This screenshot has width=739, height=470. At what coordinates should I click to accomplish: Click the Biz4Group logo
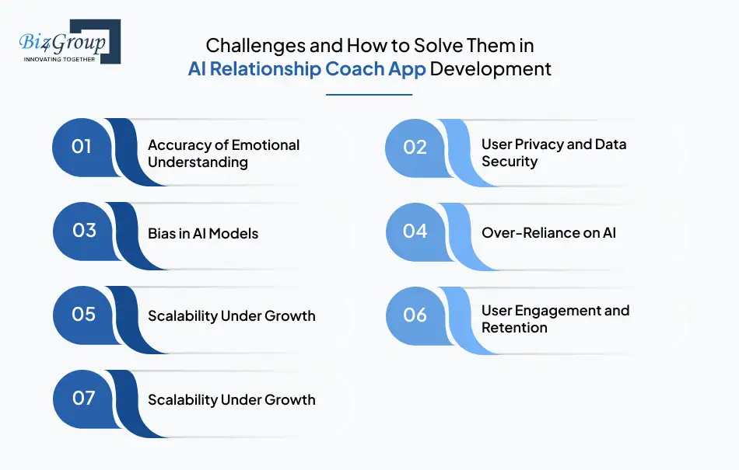70,41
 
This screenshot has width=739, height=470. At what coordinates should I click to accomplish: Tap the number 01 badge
82,147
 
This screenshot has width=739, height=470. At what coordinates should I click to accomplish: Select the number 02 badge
415,148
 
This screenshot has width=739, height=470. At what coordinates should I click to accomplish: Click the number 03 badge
84,231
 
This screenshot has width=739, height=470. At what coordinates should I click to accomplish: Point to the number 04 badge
415,232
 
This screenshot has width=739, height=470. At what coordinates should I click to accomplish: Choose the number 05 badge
83,315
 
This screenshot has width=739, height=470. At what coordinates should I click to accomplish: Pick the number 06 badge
415,315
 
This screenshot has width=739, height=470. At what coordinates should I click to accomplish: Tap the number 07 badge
83,399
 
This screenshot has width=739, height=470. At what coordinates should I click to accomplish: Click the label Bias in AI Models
203,233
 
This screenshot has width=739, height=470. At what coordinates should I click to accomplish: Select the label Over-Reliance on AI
548,232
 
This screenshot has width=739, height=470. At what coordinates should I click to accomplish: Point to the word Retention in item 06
514,328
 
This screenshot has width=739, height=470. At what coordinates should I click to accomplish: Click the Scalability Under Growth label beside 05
231,315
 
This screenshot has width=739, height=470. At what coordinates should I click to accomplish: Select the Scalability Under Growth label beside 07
231,400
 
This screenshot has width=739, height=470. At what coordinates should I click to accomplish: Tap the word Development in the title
490,69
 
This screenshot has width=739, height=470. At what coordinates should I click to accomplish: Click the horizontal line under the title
369,95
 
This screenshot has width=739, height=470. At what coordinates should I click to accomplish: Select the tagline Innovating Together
59,59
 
